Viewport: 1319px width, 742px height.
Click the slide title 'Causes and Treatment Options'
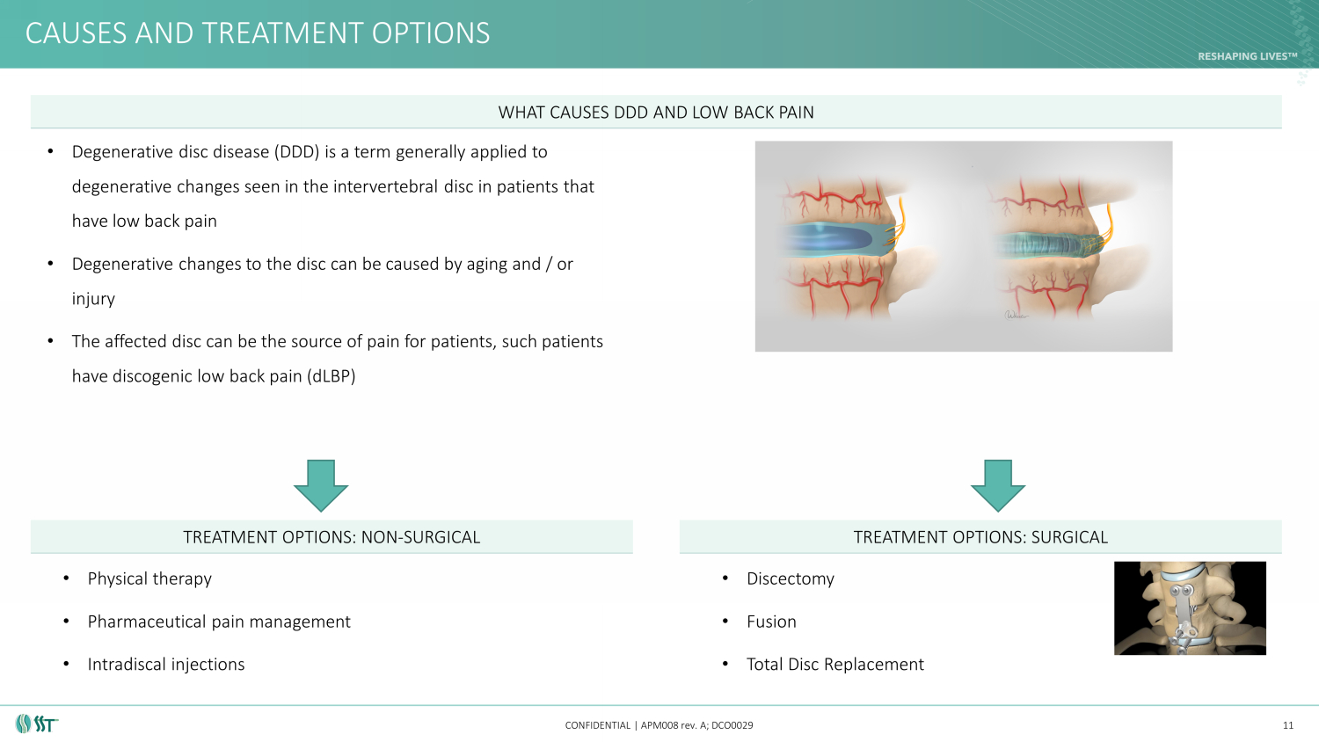coord(258,33)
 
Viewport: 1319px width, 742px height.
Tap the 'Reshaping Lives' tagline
coord(1248,56)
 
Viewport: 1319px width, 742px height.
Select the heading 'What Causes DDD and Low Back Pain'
coord(656,113)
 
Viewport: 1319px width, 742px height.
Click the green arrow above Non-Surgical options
coord(321,486)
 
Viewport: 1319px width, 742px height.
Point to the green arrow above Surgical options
coord(998,486)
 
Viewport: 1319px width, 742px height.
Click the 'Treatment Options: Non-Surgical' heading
coord(332,537)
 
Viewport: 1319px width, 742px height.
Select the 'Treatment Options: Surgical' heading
coord(980,537)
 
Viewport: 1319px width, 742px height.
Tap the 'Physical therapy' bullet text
coord(149,578)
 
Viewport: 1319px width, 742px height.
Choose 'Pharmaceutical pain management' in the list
coord(219,622)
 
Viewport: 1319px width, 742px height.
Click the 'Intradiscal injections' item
coord(166,665)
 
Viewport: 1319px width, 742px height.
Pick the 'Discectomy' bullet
coord(791,578)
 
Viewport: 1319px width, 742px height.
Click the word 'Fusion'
coord(771,622)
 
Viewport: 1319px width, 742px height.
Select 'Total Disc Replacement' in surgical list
coord(835,665)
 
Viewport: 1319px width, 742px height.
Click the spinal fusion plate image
coord(1190,608)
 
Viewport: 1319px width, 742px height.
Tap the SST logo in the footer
coord(37,724)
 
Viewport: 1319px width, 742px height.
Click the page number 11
coord(1288,725)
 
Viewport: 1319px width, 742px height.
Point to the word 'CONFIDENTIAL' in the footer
coord(598,725)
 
